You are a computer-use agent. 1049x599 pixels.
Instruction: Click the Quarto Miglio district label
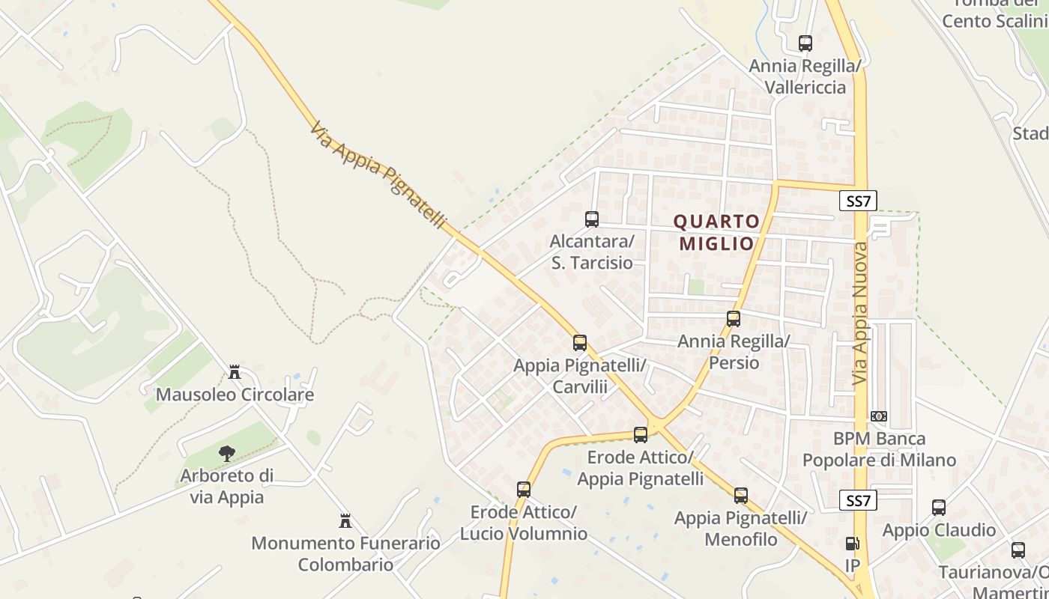[x=716, y=232]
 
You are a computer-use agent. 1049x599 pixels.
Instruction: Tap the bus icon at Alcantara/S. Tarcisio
[x=592, y=219]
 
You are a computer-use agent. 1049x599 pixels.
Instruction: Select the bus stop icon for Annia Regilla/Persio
[x=734, y=319]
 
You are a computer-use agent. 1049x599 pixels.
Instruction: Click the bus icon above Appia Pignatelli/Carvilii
[x=580, y=343]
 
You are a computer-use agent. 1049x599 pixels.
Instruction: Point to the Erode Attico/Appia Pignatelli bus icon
[x=641, y=434]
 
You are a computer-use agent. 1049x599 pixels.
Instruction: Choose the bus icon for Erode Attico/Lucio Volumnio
[x=524, y=490]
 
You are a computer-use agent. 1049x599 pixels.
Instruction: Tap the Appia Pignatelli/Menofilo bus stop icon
[x=741, y=495]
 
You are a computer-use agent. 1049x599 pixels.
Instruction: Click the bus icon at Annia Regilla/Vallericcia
[x=805, y=43]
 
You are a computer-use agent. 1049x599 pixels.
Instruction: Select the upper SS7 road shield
[x=858, y=201]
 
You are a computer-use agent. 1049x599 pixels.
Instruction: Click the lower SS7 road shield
[x=858, y=501]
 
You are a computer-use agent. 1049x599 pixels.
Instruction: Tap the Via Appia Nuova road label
[x=860, y=314]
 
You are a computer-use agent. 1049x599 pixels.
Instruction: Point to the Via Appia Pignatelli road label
[x=378, y=176]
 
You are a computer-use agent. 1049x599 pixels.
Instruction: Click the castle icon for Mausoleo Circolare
[x=235, y=371]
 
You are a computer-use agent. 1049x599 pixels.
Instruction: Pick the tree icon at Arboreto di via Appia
[x=226, y=453]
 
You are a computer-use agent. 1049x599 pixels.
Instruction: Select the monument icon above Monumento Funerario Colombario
[x=345, y=520]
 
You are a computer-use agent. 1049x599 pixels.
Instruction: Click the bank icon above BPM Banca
[x=879, y=416]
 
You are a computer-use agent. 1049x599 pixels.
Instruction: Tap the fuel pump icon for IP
[x=852, y=544]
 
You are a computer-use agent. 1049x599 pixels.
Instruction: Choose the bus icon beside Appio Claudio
[x=939, y=508]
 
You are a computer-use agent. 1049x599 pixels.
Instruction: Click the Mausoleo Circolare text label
[x=235, y=395]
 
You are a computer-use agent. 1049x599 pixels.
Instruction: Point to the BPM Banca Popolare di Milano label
[x=880, y=449]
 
